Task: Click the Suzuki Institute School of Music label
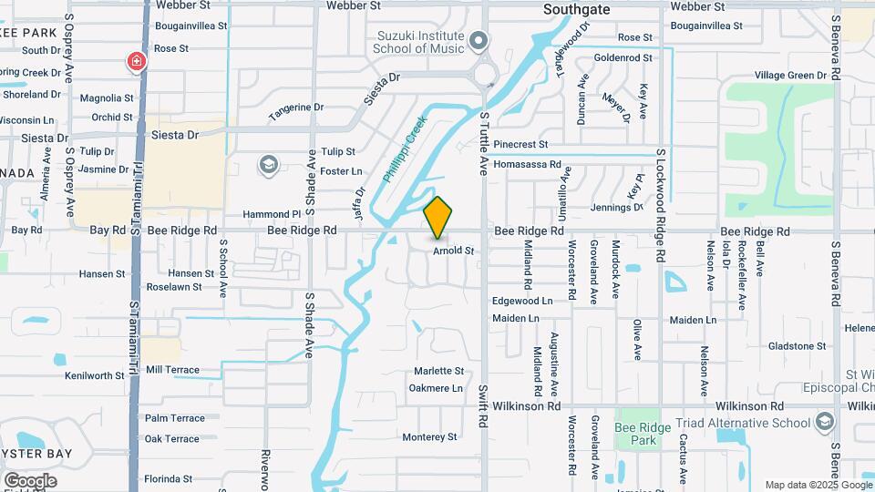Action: [421, 42]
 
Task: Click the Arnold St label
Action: [454, 250]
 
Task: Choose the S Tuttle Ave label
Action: [484, 145]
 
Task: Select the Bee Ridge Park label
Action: [636, 434]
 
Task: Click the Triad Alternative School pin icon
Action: [825, 422]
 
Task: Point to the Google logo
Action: [29, 480]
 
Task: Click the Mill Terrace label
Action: [172, 370]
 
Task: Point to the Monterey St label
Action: [435, 437]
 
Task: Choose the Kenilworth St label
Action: [95, 375]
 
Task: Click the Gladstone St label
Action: [797, 346]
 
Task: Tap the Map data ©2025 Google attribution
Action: [818, 485]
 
